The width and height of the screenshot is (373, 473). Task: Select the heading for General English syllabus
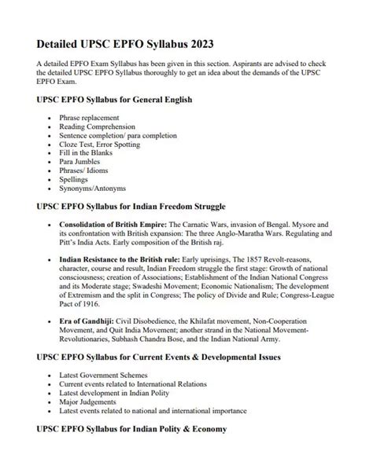tap(115, 101)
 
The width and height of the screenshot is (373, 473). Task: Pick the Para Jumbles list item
tap(81, 159)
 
